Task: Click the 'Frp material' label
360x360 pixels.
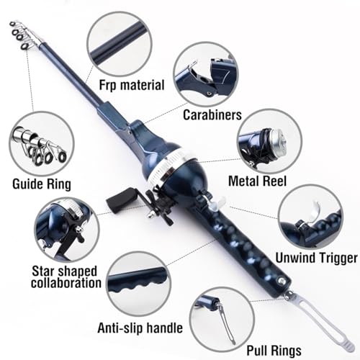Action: coord(132,86)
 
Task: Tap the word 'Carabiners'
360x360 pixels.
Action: coord(212,114)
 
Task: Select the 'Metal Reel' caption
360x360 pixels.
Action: coord(257,181)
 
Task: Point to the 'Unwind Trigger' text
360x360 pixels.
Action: coord(316,258)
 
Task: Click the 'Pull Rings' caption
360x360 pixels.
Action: coord(274,351)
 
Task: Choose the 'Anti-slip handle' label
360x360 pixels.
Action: coord(140,328)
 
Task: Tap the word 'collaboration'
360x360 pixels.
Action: coord(66,283)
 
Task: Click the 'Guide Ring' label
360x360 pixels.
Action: coord(42,184)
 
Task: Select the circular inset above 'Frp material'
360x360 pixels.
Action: coord(120,44)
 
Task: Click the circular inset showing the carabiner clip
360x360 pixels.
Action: coord(205,74)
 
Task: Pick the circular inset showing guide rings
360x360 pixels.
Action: coord(42,144)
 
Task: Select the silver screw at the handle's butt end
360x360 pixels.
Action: coord(280,280)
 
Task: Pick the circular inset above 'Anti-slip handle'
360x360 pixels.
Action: coord(139,284)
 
